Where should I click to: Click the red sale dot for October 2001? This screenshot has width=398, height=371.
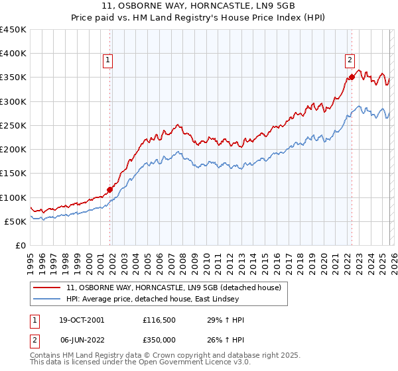(x=109, y=189)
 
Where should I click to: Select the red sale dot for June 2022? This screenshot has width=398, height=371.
(x=352, y=77)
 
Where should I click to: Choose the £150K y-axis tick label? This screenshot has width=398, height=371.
(x=15, y=173)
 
